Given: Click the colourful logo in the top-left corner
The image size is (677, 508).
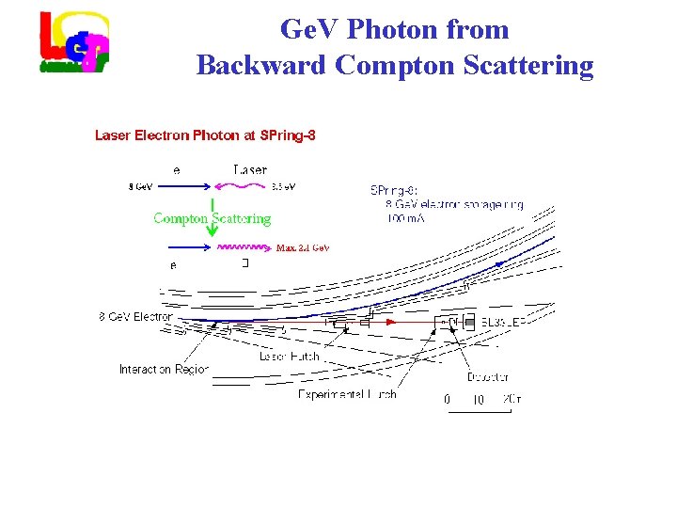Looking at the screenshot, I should pyautogui.click(x=74, y=42).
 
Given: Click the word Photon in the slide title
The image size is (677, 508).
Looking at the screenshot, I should pyautogui.click(x=394, y=29).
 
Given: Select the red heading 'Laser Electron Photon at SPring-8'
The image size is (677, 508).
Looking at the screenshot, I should pyautogui.click(x=205, y=135).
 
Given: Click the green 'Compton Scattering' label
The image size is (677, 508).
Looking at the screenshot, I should pyautogui.click(x=212, y=218).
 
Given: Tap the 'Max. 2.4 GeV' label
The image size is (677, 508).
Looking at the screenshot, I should pyautogui.click(x=302, y=248).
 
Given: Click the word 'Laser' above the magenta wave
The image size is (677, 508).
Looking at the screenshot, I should pyautogui.click(x=250, y=170).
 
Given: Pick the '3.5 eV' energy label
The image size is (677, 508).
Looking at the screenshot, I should pyautogui.click(x=283, y=187).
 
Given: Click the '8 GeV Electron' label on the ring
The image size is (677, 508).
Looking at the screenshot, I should pyautogui.click(x=136, y=317).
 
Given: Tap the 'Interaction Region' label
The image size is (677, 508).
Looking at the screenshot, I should pyautogui.click(x=164, y=369).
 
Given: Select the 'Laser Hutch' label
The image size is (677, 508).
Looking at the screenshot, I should pyautogui.click(x=290, y=357).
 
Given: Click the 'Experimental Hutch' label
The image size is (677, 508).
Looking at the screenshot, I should pyautogui.click(x=347, y=394).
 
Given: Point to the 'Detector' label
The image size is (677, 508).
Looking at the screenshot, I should pyautogui.click(x=487, y=377).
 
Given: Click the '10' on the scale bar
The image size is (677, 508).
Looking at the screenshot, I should pyautogui.click(x=478, y=400).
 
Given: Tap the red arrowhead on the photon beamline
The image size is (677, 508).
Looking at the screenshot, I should pyautogui.click(x=392, y=322).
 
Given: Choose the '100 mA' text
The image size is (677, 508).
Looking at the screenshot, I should pyautogui.click(x=405, y=219).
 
